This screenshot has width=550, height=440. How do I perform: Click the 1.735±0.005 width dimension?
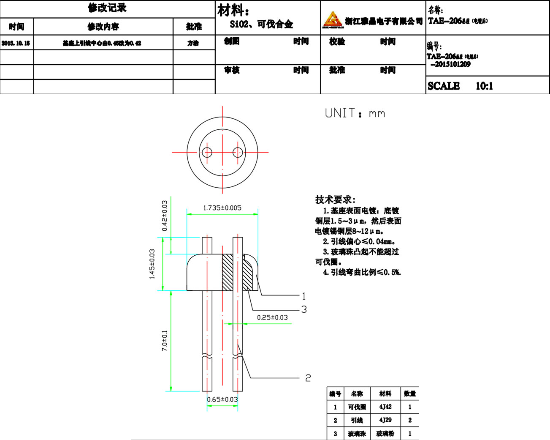click(x=222, y=208)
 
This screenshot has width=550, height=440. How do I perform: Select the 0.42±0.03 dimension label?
click(x=165, y=216)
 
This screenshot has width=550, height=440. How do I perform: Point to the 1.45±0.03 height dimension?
click(x=152, y=264)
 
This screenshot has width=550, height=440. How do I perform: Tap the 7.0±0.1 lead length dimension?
click(x=165, y=341)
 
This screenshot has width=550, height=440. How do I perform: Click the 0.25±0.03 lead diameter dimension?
click(x=272, y=317)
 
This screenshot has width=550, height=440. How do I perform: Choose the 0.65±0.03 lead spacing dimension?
click(x=222, y=399)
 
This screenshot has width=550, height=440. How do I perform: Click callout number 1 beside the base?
click(x=303, y=296)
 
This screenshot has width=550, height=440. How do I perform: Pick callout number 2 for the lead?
click(x=308, y=378)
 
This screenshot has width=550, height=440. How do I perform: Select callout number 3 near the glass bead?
click(x=304, y=309)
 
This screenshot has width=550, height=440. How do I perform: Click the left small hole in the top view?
click(x=207, y=152)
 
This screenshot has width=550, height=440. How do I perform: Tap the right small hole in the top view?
click(x=238, y=152)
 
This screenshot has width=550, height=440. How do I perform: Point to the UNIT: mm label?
click(x=355, y=113)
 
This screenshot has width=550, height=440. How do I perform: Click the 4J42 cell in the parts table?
click(x=385, y=407)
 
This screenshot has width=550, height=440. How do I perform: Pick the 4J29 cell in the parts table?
click(x=385, y=420)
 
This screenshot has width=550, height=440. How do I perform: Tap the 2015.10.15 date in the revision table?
click(x=16, y=43)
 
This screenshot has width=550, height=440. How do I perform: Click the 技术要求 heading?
click(x=335, y=200)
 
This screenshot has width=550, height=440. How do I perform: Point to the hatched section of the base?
click(x=228, y=272)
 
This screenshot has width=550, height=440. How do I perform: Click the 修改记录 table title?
click(x=107, y=8)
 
